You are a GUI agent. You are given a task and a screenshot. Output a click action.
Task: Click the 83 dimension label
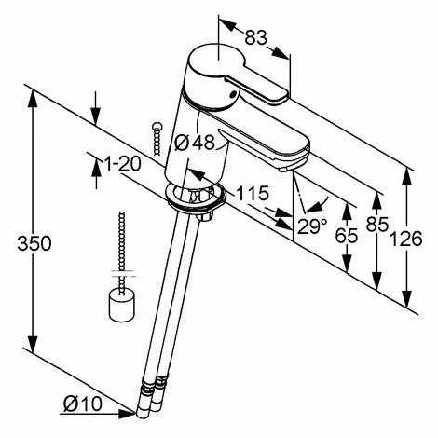coord(255,37)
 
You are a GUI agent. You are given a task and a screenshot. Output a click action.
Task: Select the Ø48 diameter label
coord(195,143)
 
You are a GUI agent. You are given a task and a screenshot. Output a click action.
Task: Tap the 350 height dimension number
coord(34,243)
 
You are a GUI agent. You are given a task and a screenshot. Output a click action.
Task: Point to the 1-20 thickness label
coord(123,164)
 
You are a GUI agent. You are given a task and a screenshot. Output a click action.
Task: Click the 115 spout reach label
coord(253,193)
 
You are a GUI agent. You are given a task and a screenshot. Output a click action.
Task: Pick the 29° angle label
coord(312,226)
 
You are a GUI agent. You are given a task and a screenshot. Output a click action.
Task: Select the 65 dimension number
coord(347,235)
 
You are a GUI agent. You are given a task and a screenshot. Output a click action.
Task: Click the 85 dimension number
coord(377,224)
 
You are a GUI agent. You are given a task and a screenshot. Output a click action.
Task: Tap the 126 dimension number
coord(406,239)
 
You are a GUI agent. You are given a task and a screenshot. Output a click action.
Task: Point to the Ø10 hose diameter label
coord(83,404)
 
